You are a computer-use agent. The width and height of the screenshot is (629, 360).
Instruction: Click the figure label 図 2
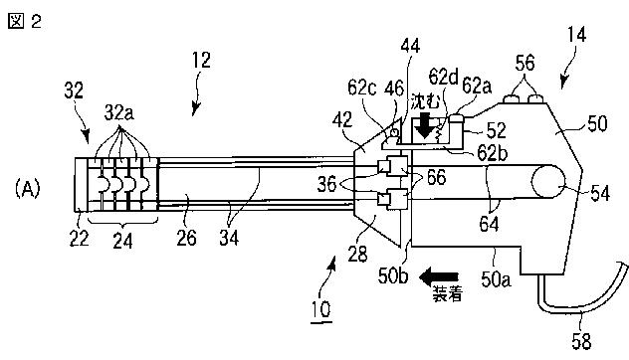(25, 21)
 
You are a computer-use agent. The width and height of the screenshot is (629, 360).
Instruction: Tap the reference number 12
(201, 60)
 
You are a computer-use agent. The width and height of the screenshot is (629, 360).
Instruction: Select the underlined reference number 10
(321, 309)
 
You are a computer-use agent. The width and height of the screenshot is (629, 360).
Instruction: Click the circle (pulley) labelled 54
(548, 182)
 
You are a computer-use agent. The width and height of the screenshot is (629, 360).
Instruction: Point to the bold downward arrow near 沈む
(424, 125)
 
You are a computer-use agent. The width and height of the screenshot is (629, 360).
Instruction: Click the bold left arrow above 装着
(439, 277)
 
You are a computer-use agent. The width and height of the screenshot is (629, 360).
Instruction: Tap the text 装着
(447, 293)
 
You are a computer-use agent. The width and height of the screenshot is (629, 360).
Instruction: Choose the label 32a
(119, 113)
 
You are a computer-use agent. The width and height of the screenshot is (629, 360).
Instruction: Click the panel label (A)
(28, 188)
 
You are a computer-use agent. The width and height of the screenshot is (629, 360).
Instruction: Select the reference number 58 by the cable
(581, 341)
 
